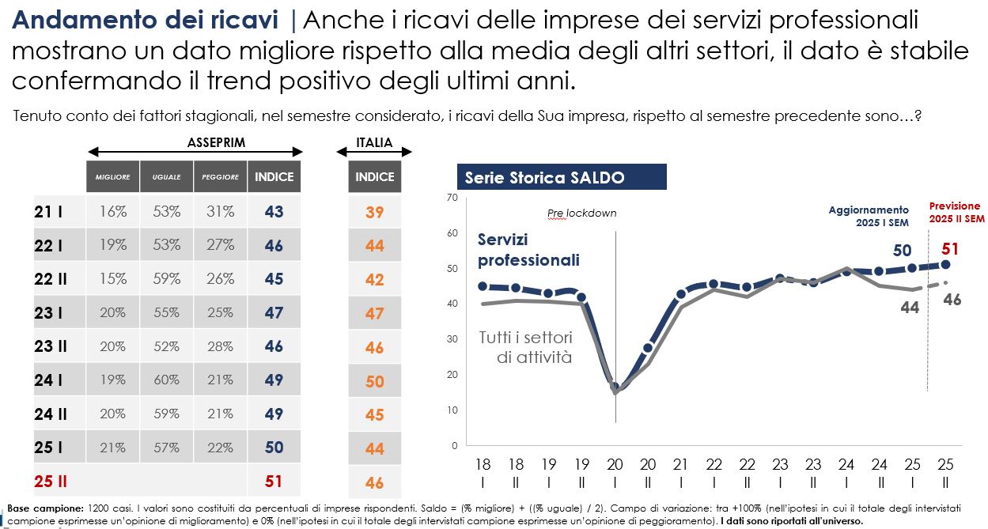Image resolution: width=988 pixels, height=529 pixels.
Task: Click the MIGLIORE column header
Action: [x=112, y=177]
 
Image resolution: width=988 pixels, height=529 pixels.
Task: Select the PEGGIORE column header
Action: [x=220, y=177]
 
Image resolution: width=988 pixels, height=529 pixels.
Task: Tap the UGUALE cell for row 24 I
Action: [x=167, y=380]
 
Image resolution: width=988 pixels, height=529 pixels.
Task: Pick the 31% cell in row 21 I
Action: [x=221, y=212]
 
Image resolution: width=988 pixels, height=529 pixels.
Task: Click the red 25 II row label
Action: [x=51, y=482]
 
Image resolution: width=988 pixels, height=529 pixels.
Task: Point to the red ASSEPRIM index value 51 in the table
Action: [x=274, y=482]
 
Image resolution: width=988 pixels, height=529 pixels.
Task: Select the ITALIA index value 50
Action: [x=374, y=381]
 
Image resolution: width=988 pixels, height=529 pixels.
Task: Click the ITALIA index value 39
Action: [x=374, y=212]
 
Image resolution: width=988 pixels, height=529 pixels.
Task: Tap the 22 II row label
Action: [x=51, y=279]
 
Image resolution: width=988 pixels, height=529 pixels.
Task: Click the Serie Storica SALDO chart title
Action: [x=545, y=178]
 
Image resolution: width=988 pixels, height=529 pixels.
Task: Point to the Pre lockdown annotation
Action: [x=581, y=213]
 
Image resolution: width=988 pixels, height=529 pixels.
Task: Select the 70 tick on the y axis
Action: [x=452, y=197]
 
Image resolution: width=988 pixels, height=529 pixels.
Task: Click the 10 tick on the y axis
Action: [x=452, y=410]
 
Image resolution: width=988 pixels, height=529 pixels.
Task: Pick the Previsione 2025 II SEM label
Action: [x=956, y=212]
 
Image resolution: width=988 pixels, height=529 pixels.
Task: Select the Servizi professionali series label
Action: [x=528, y=250]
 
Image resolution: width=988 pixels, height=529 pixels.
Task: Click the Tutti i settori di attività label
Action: [x=525, y=347]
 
